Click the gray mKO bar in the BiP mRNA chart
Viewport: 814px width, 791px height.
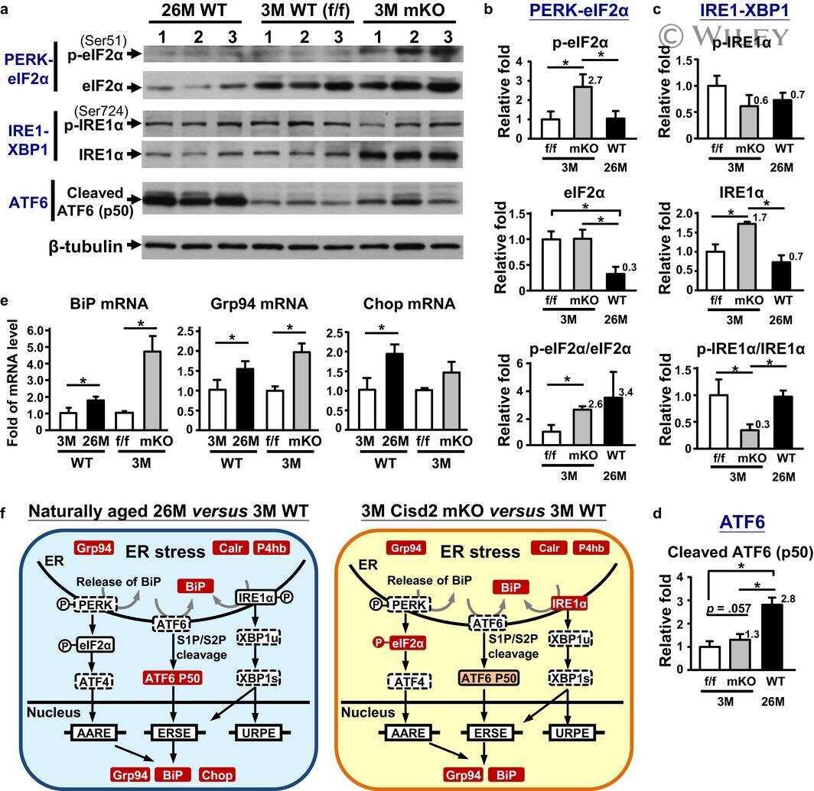(152, 391)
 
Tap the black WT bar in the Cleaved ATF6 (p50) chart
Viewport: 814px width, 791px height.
(771, 637)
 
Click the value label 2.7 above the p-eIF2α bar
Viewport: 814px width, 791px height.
(595, 80)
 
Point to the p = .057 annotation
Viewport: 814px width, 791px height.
(728, 608)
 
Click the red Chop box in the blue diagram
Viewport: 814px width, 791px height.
(217, 775)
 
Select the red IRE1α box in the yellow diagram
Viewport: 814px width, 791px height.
(569, 604)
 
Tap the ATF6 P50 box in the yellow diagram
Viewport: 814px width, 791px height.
(489, 678)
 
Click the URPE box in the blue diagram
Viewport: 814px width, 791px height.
(259, 733)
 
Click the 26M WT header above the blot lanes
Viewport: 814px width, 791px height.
(194, 11)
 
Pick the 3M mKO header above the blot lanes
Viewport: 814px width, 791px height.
(409, 11)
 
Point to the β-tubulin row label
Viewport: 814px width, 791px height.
(86, 246)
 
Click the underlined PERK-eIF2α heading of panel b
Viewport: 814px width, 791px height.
(579, 10)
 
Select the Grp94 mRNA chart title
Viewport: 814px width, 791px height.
(259, 303)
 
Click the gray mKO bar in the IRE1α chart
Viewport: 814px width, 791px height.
(747, 256)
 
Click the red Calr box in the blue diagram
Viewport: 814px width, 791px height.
(230, 548)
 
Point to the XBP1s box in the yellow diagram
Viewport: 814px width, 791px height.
(570, 678)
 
